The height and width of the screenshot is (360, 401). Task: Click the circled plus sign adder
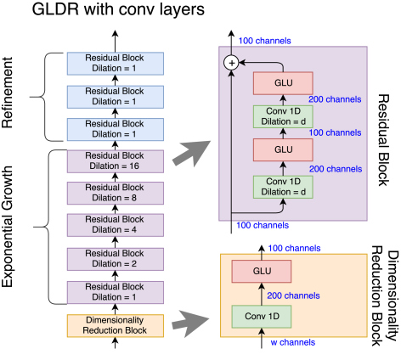(232, 63)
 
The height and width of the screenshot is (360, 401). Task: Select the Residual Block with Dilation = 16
(116, 161)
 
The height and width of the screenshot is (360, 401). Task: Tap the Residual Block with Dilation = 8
(116, 193)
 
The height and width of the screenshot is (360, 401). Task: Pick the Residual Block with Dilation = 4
(116, 225)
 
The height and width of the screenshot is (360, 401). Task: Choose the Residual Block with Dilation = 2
(116, 259)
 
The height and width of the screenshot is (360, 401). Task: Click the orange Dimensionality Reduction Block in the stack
(116, 325)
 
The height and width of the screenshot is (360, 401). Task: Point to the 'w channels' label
(293, 342)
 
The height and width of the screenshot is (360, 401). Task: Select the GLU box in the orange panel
(262, 271)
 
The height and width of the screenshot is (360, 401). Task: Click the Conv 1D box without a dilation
(262, 317)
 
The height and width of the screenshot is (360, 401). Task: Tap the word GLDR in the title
(55, 9)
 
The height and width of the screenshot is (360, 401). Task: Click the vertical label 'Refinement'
(7, 93)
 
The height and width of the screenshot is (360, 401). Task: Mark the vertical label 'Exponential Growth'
(7, 227)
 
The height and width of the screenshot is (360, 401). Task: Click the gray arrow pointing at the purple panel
(191, 153)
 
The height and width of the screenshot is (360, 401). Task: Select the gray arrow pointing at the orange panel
(190, 323)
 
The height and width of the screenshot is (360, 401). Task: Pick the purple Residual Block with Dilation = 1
(116, 292)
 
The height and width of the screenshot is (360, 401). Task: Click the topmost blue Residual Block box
(116, 64)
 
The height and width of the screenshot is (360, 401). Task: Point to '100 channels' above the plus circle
(265, 41)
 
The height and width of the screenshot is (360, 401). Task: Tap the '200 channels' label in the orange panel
(293, 295)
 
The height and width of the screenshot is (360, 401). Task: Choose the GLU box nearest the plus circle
(283, 83)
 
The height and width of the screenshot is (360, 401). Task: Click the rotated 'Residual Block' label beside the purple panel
(383, 140)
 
